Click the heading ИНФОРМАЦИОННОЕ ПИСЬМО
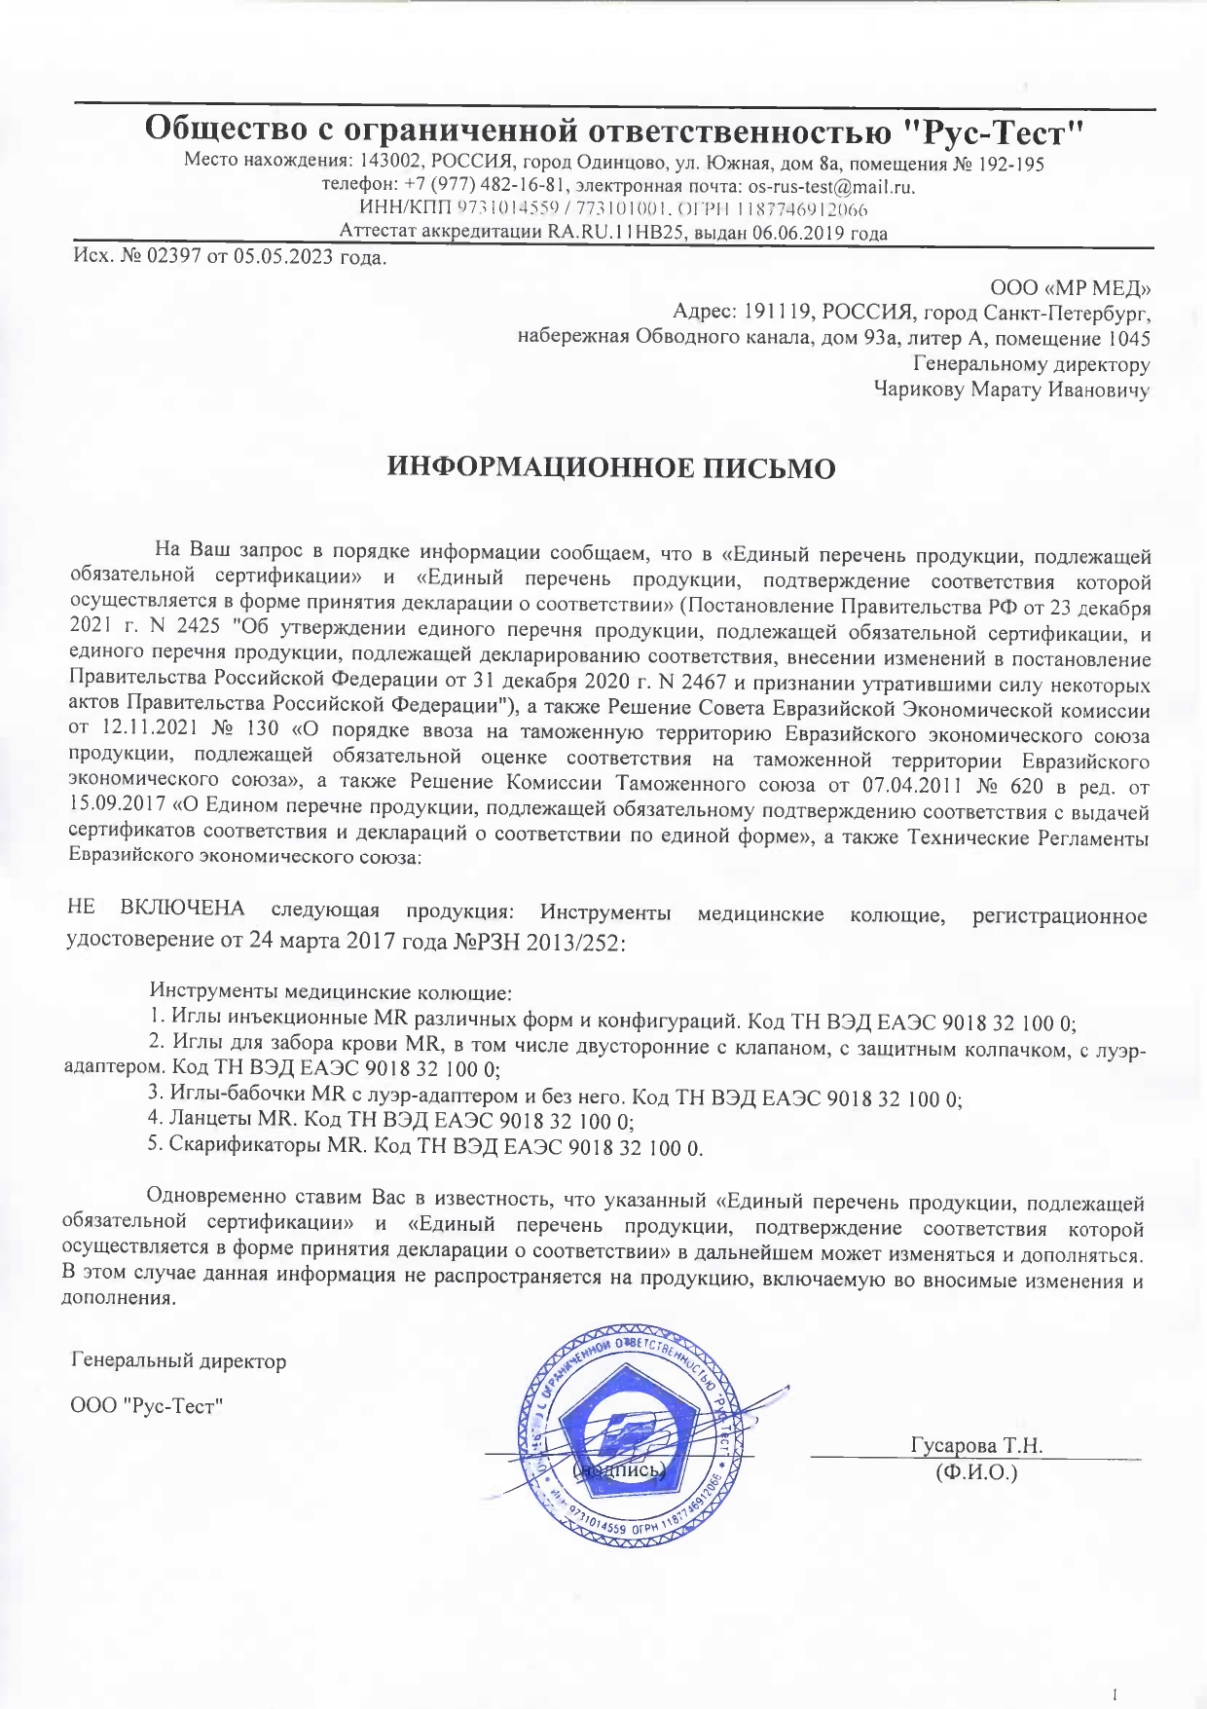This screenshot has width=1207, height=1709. [x=611, y=468]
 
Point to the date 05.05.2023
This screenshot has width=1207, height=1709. [x=283, y=257]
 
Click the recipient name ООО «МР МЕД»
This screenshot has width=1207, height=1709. [x=1070, y=288]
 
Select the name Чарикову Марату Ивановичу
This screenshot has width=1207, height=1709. [x=1011, y=390]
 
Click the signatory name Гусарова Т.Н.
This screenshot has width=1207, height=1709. [x=976, y=1445]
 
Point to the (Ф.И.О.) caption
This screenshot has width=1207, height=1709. [x=975, y=1472]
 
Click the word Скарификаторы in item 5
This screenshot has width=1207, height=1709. [x=245, y=1146]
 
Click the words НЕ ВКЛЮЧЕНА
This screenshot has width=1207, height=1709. [x=155, y=910]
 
